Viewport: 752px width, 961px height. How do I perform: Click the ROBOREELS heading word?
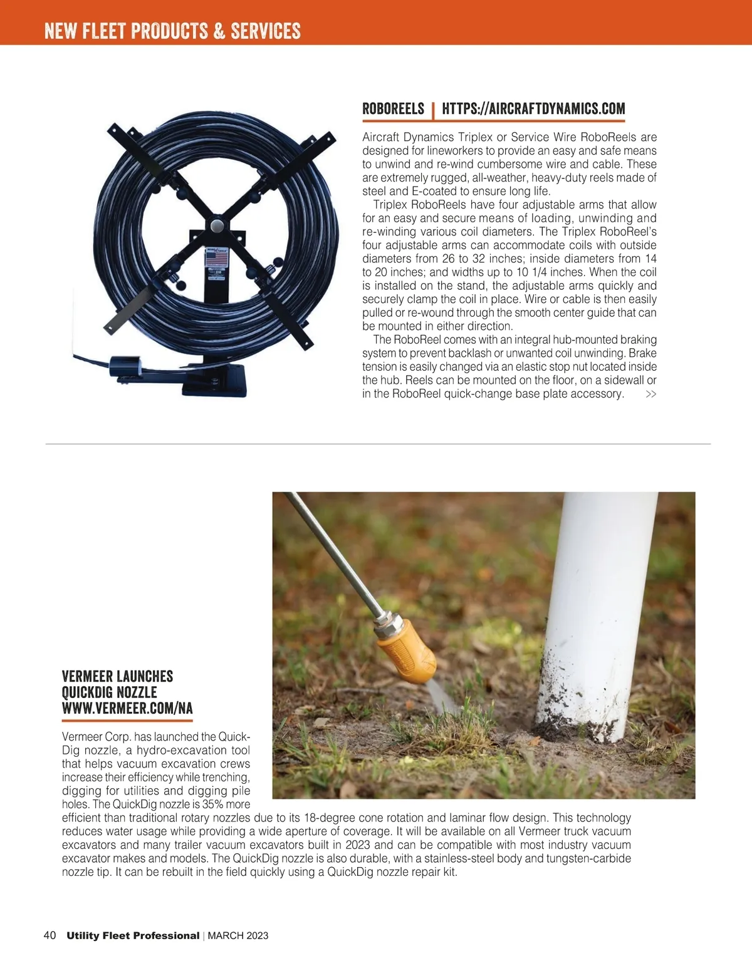point(393,109)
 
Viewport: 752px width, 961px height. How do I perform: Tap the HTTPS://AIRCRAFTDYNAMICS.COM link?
point(533,109)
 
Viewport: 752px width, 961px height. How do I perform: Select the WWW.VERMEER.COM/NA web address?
point(127,709)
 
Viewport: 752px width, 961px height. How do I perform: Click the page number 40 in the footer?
point(50,935)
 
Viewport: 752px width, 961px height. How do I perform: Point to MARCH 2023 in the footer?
point(238,936)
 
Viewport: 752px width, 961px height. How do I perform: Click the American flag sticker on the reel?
point(217,257)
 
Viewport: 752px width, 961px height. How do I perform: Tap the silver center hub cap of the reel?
point(217,225)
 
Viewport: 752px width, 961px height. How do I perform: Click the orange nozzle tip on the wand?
point(407,653)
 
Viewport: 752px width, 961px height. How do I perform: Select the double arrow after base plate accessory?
point(651,394)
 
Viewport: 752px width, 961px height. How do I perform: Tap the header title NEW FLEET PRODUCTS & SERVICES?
point(172,31)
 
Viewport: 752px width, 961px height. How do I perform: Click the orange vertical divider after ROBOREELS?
point(433,110)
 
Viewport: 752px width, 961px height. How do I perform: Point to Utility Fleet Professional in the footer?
point(133,936)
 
